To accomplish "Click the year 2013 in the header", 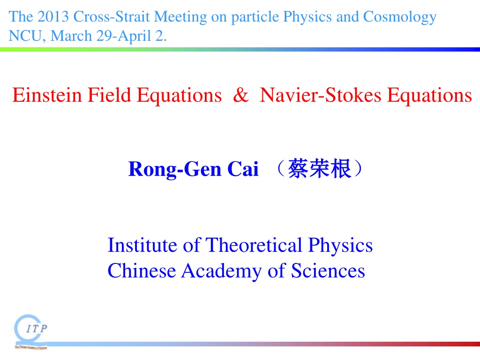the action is coord(53,16).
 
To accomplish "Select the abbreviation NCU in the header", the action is coord(25,36).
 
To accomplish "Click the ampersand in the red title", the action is coord(240,95).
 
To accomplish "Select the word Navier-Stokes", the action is coord(321,95).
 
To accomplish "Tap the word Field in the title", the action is coord(109,95).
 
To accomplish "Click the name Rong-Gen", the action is coord(175,169).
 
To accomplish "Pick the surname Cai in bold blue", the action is coord(243,169).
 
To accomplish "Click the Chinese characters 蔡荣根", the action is coord(319,169).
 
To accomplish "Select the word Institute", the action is coord(142,245).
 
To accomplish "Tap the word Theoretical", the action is coord(254,245).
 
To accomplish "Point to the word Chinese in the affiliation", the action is coord(142,271).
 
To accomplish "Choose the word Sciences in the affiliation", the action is coord(328,271).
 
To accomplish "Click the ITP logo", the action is coord(30,332).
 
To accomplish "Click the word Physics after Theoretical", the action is coord(340,246).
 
